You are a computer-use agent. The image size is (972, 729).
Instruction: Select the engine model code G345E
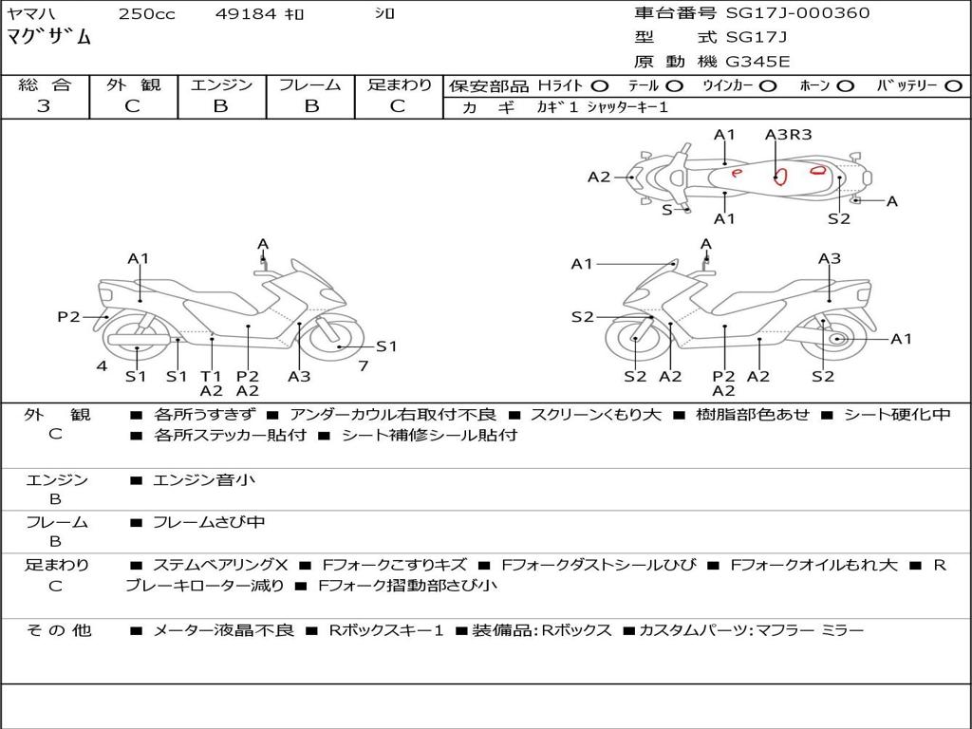(x=757, y=63)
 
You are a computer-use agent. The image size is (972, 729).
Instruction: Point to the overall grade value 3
(x=44, y=106)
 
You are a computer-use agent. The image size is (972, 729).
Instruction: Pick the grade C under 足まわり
(x=399, y=106)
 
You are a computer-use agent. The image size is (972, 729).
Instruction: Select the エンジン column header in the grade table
(x=221, y=85)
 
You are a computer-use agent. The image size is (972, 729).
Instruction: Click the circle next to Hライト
(x=599, y=85)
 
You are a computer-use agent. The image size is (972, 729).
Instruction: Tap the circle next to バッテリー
(x=953, y=85)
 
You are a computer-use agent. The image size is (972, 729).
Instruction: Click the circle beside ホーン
(x=845, y=85)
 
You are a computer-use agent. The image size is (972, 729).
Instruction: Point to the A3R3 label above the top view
(x=789, y=135)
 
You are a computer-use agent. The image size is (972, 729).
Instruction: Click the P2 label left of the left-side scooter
(x=68, y=317)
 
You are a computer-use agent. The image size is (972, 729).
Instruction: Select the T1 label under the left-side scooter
(x=211, y=375)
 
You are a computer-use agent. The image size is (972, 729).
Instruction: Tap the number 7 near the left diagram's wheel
(x=363, y=365)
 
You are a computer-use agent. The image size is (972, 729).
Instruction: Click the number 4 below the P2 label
(x=102, y=365)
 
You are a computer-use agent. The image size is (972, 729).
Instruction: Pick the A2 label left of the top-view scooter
(x=599, y=177)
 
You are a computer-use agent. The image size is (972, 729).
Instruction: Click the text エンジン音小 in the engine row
(x=204, y=480)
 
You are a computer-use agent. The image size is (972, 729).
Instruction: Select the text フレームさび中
(x=209, y=522)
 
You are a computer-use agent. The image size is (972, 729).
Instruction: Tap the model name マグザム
(x=49, y=38)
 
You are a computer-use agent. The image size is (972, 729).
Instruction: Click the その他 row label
(x=58, y=630)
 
